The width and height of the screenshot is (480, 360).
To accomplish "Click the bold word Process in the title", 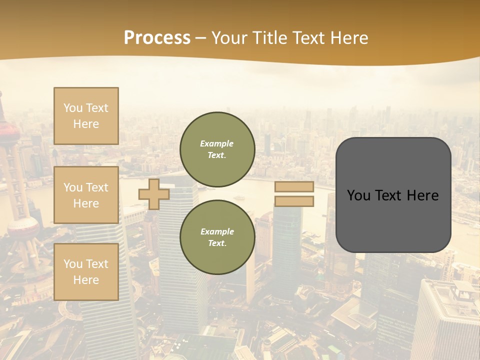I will coord(157,38).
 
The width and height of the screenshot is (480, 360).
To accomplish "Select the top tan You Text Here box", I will coord(86,116).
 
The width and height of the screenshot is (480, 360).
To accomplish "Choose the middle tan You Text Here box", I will coord(86,195).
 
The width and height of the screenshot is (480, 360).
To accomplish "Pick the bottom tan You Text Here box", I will coord(86,272).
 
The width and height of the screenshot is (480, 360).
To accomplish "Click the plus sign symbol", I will coord(154,194).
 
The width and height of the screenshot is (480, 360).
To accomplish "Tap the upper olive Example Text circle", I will coord(217,149).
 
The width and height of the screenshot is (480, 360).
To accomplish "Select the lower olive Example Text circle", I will coord(217,237).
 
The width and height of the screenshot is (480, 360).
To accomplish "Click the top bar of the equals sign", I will coord(294,186).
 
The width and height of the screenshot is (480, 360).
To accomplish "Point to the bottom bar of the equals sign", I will coord(294,201).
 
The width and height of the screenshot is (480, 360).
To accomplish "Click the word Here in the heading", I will coord(349,38).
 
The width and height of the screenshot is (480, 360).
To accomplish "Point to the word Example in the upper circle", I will coord(217,143).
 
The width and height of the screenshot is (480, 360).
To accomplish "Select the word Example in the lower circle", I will coord(217,231).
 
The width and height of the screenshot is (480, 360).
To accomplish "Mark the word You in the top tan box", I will coord(72,108).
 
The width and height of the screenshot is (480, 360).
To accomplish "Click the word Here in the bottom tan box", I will coord(86,280).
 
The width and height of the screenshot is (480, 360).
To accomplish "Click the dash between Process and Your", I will coord(200,38).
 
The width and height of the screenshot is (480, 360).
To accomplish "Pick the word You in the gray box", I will coord(358,195).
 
